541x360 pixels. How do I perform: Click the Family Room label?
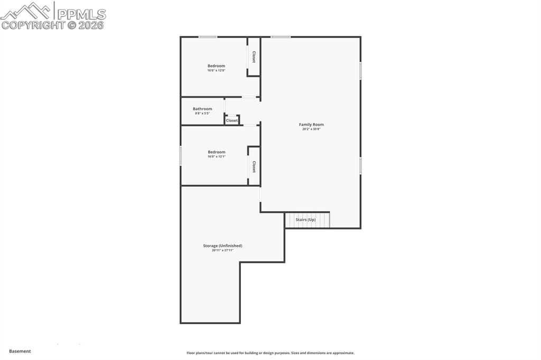click(311, 125)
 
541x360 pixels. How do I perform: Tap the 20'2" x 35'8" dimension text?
click(311, 129)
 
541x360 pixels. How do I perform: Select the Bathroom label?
click(202, 109)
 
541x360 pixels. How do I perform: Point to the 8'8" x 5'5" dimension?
click(202, 113)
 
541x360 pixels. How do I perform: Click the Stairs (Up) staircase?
click(307, 220)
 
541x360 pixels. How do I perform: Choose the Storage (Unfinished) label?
click(222, 245)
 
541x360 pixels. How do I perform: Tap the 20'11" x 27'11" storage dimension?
click(222, 250)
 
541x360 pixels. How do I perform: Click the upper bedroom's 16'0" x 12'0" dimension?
click(216, 70)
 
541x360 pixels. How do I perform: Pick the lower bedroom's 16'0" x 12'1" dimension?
click(216, 156)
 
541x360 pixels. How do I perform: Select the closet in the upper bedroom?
click(254, 57)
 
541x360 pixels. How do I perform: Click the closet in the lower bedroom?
click(254, 167)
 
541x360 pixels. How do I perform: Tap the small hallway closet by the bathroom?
click(232, 120)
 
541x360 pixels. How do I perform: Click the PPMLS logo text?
click(81, 13)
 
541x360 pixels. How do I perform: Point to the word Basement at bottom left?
click(20, 351)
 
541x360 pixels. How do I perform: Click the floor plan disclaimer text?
click(270, 353)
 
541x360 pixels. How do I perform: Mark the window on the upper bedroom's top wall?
click(208, 37)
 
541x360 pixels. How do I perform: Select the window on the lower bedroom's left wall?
click(181, 156)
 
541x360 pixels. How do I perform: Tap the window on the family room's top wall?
click(281, 37)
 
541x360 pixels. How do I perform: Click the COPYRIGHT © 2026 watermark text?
click(53, 25)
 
